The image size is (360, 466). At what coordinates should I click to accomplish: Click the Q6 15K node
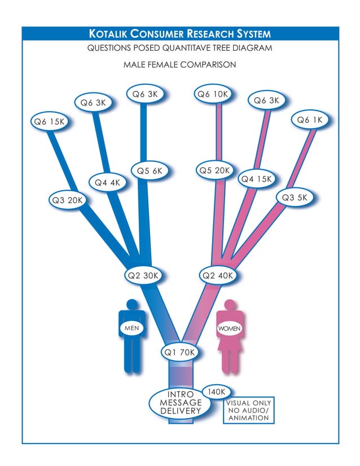tap(50, 121)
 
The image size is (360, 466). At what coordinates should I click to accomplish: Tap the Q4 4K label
tap(107, 183)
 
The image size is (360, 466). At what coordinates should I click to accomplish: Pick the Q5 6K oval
tap(150, 171)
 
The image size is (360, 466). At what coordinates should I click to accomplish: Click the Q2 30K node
tap(144, 276)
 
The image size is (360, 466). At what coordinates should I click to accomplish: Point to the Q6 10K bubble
tap(213, 94)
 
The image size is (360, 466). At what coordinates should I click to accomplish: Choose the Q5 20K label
tap(215, 170)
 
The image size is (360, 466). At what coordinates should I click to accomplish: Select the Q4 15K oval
tap(257, 179)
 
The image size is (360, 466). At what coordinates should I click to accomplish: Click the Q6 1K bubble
tap(310, 120)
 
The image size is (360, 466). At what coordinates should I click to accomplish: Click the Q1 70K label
tap(179, 353)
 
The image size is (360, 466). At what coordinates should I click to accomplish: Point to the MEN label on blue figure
tap(131, 327)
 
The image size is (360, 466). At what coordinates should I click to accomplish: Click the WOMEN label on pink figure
tap(230, 328)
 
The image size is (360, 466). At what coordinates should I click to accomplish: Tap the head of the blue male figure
tap(132, 304)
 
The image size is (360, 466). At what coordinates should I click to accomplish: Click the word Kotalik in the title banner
tap(115, 34)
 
